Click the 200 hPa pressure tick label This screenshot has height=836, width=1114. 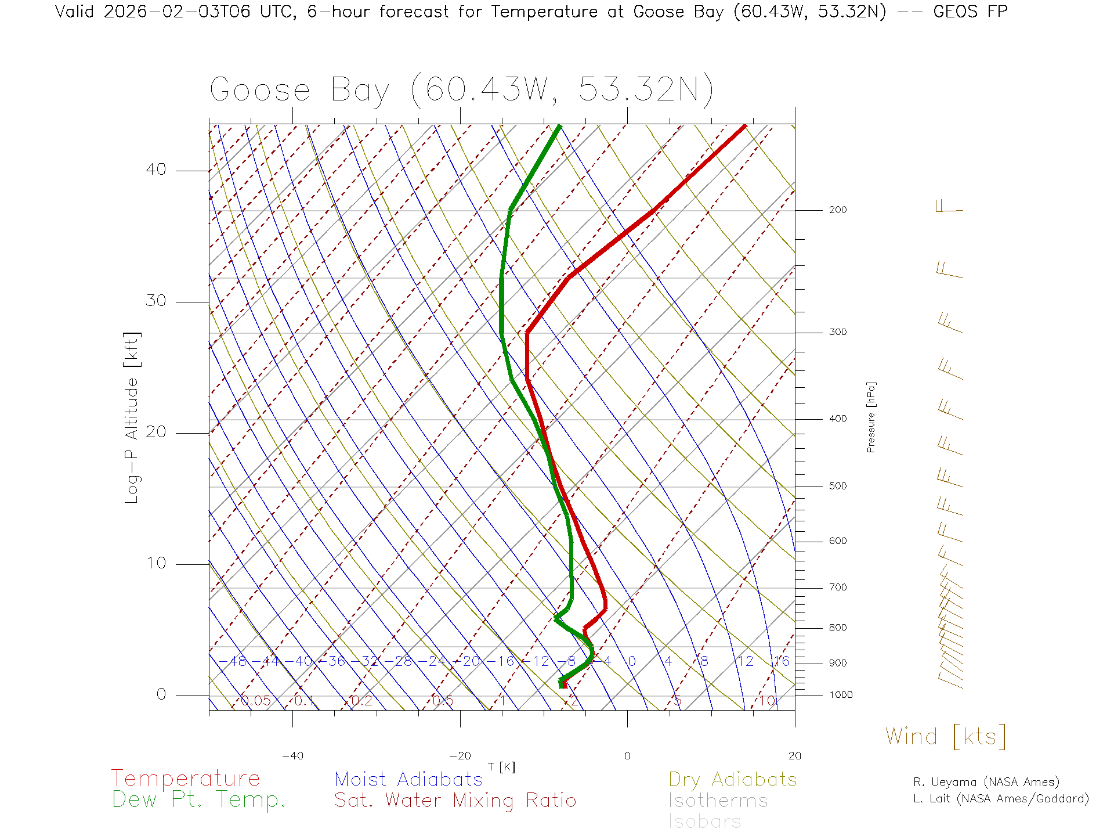click(x=837, y=210)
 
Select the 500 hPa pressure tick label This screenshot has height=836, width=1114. click(x=837, y=486)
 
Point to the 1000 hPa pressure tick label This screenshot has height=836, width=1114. click(x=840, y=695)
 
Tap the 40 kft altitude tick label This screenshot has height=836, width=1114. click(x=155, y=170)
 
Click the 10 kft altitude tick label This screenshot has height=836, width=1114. click(x=155, y=563)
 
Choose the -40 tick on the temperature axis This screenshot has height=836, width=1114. click(x=292, y=756)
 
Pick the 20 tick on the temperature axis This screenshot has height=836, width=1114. click(x=794, y=756)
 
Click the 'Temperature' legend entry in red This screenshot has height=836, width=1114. click(x=185, y=779)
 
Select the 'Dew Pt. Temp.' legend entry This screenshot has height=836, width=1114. click(x=199, y=800)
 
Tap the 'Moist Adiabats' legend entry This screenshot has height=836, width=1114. click(x=408, y=779)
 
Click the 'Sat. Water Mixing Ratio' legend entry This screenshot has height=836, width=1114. click(x=455, y=801)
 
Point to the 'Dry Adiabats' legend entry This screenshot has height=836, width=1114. click(x=732, y=779)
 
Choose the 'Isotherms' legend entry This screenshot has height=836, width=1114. click(x=718, y=801)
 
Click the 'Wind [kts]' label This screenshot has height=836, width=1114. click(x=945, y=736)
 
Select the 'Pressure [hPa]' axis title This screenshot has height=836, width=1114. click(x=871, y=417)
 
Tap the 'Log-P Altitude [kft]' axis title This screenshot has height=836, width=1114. click(x=132, y=418)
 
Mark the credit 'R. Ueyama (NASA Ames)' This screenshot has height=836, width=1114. click(x=986, y=782)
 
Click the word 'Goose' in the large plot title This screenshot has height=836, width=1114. click(x=260, y=90)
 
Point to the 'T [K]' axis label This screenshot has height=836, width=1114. click(x=501, y=767)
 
